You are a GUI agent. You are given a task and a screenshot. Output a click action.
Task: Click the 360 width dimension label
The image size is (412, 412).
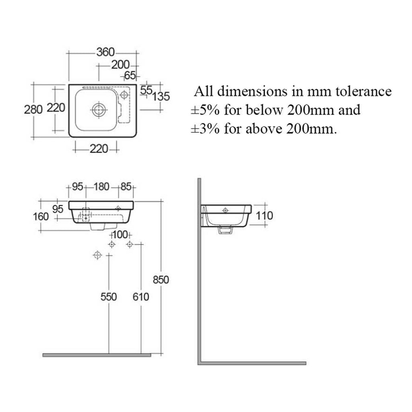point(106,52)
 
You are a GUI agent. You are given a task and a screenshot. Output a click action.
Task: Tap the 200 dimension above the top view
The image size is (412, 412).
point(120,65)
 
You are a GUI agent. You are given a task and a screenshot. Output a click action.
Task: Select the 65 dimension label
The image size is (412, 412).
point(130,76)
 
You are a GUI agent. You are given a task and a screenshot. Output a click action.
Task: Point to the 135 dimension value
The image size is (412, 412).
point(161,97)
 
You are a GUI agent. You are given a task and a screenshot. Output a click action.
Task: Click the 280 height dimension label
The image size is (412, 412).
point(33,109)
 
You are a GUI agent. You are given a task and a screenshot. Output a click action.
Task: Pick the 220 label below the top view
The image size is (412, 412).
point(99,149)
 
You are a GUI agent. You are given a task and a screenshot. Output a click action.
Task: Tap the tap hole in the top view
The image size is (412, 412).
point(124,95)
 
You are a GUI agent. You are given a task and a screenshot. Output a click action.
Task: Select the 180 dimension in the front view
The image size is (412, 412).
point(101,187)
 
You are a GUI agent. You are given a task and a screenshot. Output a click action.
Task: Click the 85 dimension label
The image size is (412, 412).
point(126,187)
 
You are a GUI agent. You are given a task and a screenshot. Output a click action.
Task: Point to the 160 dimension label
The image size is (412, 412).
point(41,216)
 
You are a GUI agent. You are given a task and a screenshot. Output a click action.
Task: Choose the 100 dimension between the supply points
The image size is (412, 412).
point(120,235)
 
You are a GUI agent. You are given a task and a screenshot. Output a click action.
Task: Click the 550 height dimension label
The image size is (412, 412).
point(109,297)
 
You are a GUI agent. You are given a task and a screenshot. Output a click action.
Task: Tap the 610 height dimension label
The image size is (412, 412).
point(141,297)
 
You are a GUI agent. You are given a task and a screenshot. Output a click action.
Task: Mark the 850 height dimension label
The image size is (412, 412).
point(161,280)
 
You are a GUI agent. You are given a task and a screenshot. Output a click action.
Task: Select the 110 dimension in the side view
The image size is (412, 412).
point(264,216)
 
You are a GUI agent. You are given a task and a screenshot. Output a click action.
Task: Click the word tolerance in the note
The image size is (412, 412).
point(364,91)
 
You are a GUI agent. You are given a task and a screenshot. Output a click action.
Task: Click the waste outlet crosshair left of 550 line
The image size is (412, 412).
point(97,255)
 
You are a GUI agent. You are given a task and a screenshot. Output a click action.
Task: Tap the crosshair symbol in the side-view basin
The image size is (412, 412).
point(225,210)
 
